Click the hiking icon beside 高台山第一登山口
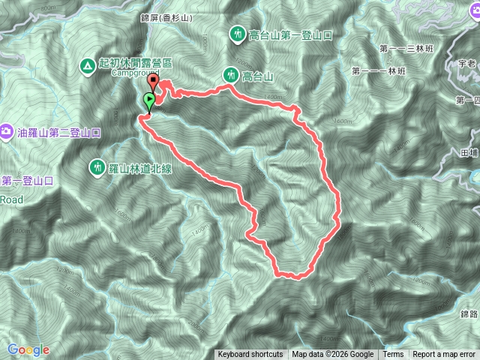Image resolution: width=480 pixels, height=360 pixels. [x=237, y=34]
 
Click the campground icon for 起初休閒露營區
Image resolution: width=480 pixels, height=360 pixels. [x=88, y=66]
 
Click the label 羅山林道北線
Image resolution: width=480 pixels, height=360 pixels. [x=140, y=168]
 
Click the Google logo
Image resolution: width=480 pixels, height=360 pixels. [x=28, y=349]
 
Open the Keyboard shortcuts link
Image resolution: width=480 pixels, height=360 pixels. [x=250, y=355]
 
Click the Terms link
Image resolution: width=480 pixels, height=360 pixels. [x=393, y=355]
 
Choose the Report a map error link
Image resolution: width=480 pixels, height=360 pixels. [x=445, y=355]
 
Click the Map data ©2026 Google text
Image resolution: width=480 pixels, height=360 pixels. [x=333, y=355]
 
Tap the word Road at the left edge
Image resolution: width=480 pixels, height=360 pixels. [x=11, y=199]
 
